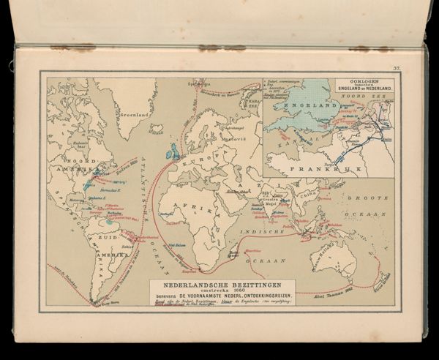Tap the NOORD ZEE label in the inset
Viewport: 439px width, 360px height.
point(367,95)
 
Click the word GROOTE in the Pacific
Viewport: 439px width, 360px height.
point(369,198)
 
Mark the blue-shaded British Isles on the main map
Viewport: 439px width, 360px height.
point(174,154)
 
